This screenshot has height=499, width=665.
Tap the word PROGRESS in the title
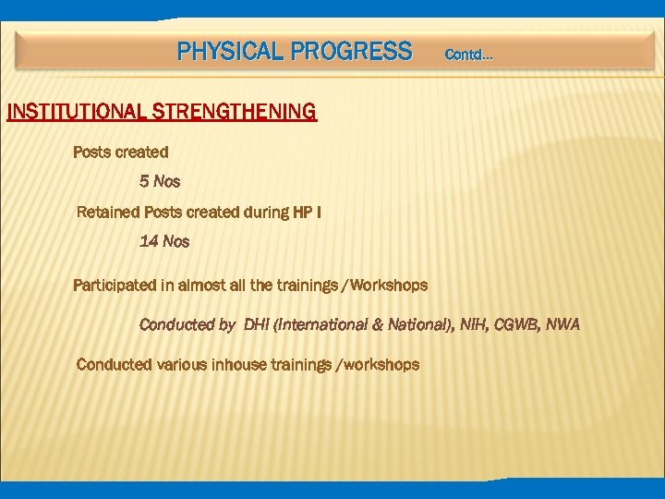351,52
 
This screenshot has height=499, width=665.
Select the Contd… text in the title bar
468,55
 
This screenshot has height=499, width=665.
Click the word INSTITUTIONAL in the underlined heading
74,113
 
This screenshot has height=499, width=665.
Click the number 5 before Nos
144,182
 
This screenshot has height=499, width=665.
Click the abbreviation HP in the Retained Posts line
302,213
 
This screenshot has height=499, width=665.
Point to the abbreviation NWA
562,325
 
